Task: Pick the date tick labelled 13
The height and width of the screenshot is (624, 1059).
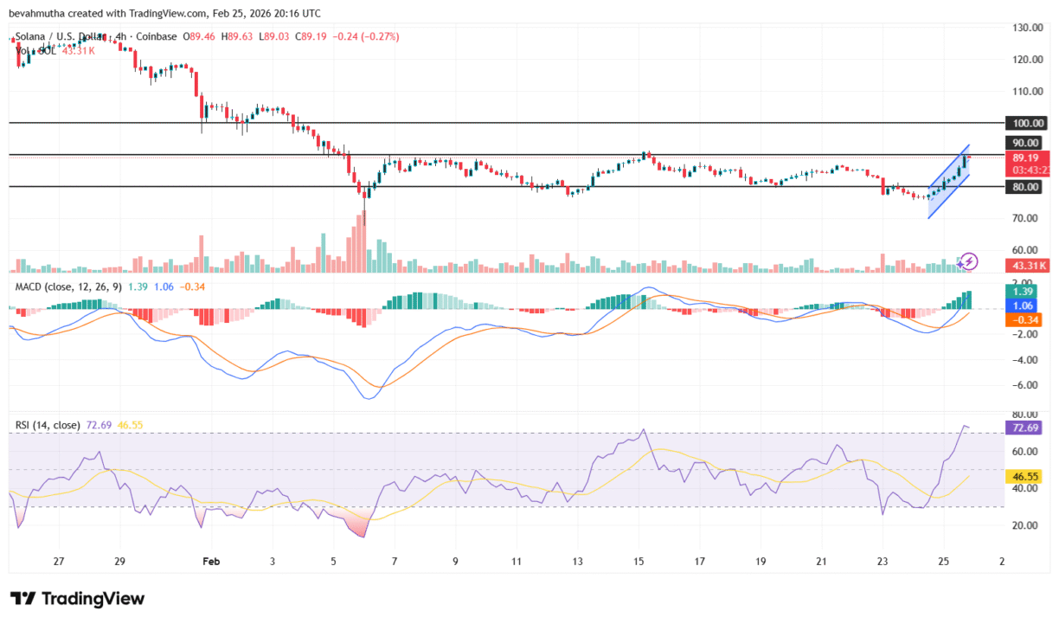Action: click(x=576, y=561)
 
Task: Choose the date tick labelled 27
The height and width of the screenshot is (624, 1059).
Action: click(x=59, y=561)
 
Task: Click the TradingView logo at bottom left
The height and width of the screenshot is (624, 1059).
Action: click(x=78, y=598)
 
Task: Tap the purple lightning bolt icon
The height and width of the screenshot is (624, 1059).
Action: click(x=969, y=261)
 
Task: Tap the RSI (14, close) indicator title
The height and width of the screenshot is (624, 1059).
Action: click(x=48, y=425)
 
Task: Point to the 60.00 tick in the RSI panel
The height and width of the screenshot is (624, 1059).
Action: click(x=1025, y=451)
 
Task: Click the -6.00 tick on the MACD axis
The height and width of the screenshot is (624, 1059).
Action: click(x=1025, y=385)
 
